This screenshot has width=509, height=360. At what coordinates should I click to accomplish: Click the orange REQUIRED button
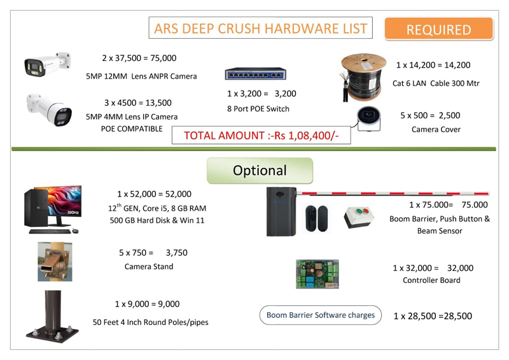(x=439, y=29)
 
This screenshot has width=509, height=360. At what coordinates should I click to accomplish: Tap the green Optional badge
(x=260, y=170)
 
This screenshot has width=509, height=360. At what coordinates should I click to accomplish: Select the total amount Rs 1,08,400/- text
(x=261, y=135)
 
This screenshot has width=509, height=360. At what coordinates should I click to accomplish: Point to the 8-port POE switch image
(x=256, y=74)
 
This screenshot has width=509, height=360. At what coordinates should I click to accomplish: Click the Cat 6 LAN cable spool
(x=363, y=77)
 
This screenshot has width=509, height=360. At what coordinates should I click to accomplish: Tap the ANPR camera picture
(x=47, y=64)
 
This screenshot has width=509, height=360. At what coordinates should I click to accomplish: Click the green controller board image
(x=317, y=274)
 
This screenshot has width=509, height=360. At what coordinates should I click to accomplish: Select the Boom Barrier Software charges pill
(x=321, y=315)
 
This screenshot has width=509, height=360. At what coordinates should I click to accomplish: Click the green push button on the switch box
(x=359, y=212)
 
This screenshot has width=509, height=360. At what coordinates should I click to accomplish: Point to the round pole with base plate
(x=52, y=317)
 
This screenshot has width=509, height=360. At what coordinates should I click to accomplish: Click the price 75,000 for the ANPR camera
(x=164, y=58)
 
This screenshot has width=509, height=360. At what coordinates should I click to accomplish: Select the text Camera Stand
(x=149, y=267)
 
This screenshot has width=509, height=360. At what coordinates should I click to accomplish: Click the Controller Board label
(x=431, y=280)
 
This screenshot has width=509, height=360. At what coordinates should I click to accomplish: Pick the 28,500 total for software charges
(x=458, y=316)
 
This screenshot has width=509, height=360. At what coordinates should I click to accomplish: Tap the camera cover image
(x=369, y=119)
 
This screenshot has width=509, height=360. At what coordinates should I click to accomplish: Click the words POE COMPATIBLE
(x=132, y=129)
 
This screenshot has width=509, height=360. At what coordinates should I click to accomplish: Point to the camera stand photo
(x=55, y=261)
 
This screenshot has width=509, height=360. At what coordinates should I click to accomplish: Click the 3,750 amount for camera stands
(x=177, y=253)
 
